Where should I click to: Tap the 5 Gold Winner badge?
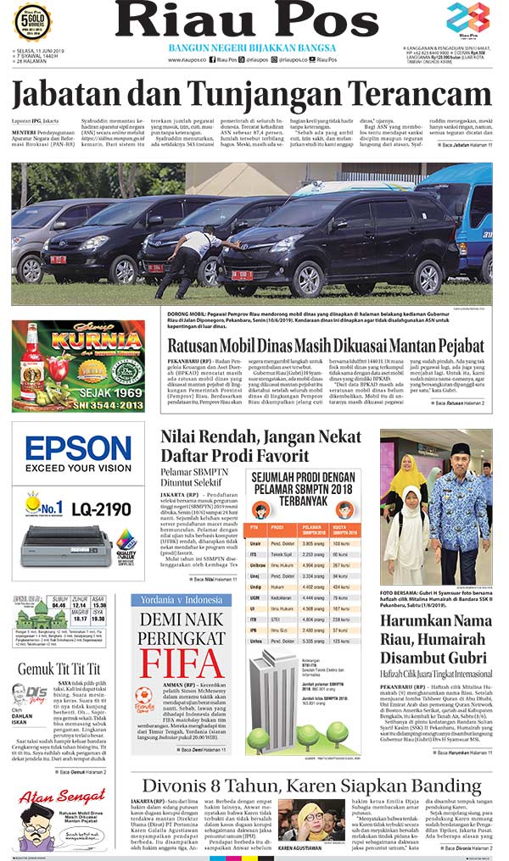[33, 22]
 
